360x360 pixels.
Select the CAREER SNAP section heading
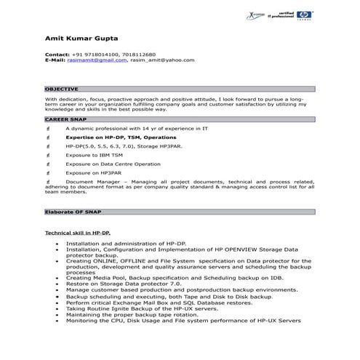63,118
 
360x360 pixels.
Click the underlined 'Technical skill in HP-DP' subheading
77,232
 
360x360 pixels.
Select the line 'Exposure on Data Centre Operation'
113,164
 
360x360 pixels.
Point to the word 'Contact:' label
57,55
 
